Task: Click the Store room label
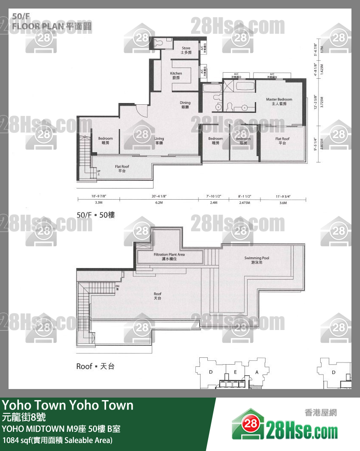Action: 186,50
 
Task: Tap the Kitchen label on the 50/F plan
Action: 176,76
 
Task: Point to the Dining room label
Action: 185,105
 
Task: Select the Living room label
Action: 159,141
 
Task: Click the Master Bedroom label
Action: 279,101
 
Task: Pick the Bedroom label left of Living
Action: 105,141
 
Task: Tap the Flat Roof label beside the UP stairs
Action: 122,168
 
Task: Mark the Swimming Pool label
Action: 257,260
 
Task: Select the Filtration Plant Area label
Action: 169,256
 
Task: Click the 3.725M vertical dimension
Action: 322,103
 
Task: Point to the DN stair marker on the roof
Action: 117,288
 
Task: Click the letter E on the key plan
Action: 235,372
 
